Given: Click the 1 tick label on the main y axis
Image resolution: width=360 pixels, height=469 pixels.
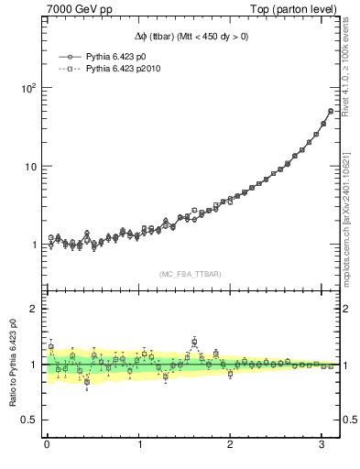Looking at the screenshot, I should [x=33, y=245].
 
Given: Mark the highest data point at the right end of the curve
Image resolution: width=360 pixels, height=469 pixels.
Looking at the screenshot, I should [x=331, y=111].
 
